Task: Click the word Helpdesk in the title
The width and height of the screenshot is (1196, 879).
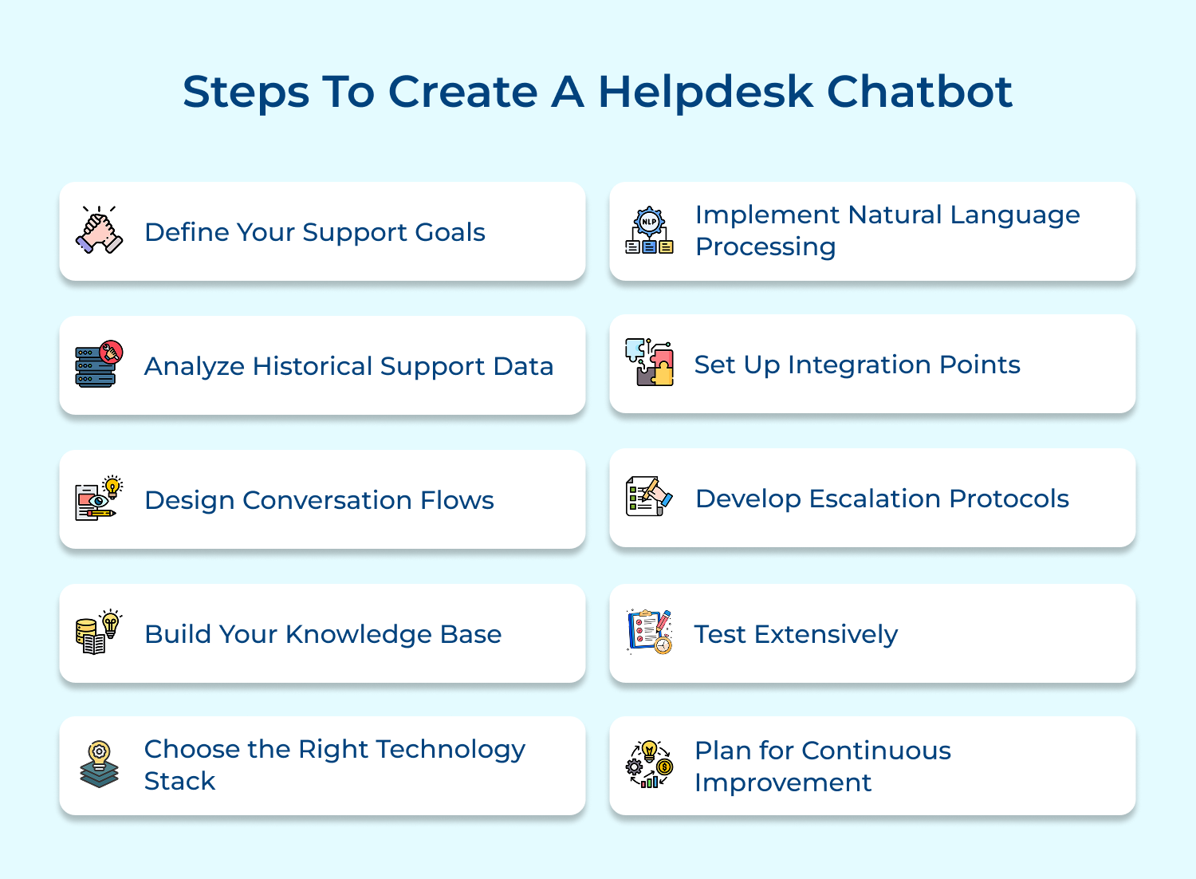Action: tap(705, 92)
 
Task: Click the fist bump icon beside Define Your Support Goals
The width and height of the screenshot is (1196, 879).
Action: tap(99, 231)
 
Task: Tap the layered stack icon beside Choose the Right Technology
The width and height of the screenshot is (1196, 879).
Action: tap(99, 765)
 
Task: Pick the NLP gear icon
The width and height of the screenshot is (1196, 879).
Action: tap(649, 231)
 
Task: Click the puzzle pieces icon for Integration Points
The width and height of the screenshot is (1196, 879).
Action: tap(649, 363)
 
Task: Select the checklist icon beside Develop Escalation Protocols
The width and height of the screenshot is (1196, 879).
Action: tap(649, 497)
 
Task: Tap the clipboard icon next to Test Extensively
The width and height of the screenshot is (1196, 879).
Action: tap(649, 632)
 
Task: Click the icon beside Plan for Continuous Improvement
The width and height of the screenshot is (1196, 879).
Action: tap(649, 765)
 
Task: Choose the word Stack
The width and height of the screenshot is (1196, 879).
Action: tap(179, 781)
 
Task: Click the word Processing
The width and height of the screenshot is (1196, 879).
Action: tap(765, 247)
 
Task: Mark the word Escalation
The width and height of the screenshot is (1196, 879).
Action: tap(875, 499)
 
